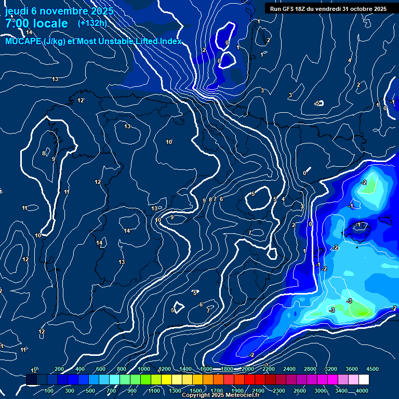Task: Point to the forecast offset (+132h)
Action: (x=92, y=23)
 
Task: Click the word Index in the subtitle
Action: (x=171, y=41)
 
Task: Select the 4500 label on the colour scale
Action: (x=373, y=369)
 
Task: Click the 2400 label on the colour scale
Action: (x=289, y=369)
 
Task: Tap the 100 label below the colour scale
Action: (x=49, y=391)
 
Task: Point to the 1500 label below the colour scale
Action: (x=196, y=391)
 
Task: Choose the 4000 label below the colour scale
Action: (x=362, y=391)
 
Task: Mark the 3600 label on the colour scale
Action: (x=352, y=369)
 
